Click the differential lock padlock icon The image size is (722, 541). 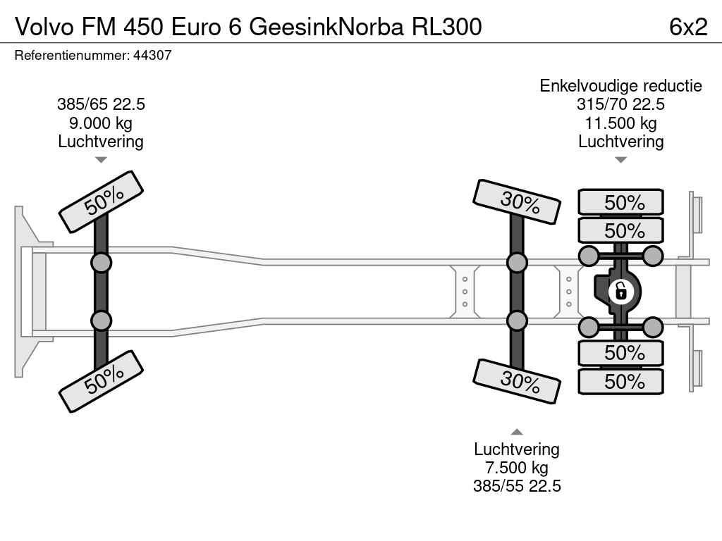620,291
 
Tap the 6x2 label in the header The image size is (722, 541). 688,27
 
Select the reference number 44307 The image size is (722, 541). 152,55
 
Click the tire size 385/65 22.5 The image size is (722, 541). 101,104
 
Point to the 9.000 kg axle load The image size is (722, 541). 101,123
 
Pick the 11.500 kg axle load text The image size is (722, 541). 620,123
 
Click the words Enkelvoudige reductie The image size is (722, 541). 620,85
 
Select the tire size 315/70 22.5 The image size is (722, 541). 620,104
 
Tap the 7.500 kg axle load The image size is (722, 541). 517,468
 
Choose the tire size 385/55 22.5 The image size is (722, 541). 517,486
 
